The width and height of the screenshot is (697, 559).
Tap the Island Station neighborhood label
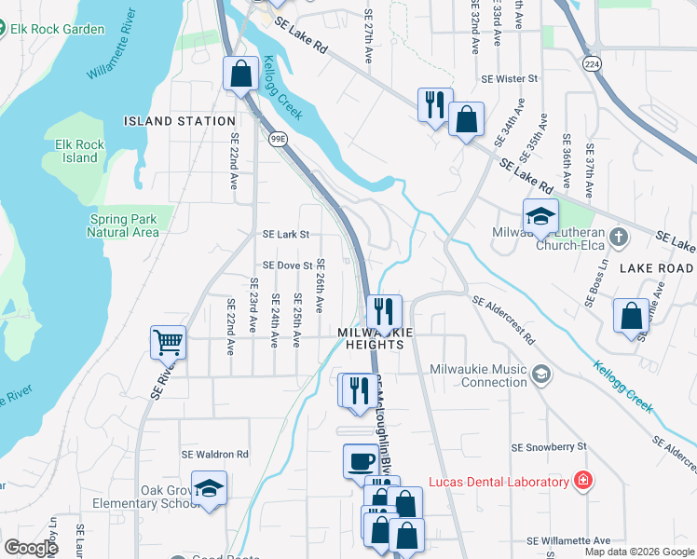(180, 121)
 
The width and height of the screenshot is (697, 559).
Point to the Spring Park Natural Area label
(123, 225)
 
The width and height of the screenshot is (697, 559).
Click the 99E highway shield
(279, 139)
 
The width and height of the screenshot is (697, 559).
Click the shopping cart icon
(169, 342)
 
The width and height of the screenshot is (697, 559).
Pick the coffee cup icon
(361, 460)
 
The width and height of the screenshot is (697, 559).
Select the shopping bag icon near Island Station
(240, 74)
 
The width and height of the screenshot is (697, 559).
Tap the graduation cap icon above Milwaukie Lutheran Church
(540, 216)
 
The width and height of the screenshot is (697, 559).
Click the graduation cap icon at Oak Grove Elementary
(210, 488)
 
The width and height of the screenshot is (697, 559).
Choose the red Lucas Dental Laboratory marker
(583, 481)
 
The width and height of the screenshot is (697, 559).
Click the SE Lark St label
(285, 235)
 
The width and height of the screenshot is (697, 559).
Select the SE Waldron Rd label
(216, 454)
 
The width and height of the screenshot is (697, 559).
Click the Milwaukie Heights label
(371, 338)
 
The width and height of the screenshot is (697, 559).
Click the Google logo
(31, 548)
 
